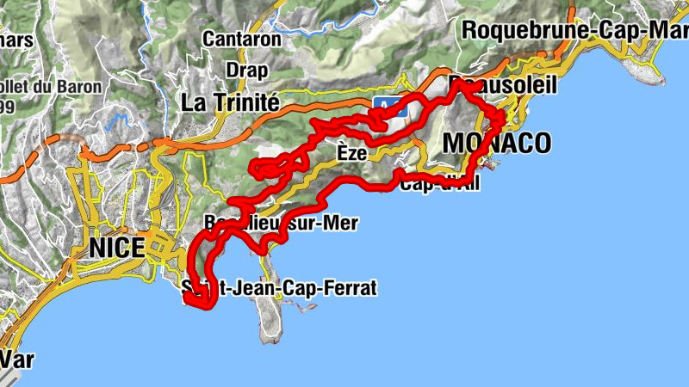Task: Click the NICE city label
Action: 116,249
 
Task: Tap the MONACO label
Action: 496,143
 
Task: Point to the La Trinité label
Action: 230,102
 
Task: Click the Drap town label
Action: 246,70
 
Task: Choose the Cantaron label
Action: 242,39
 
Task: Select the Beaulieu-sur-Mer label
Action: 280,223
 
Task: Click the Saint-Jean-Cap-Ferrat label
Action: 280,288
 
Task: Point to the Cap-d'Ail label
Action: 438,182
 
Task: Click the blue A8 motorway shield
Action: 384,104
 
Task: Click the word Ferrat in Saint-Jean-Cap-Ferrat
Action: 350,288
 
